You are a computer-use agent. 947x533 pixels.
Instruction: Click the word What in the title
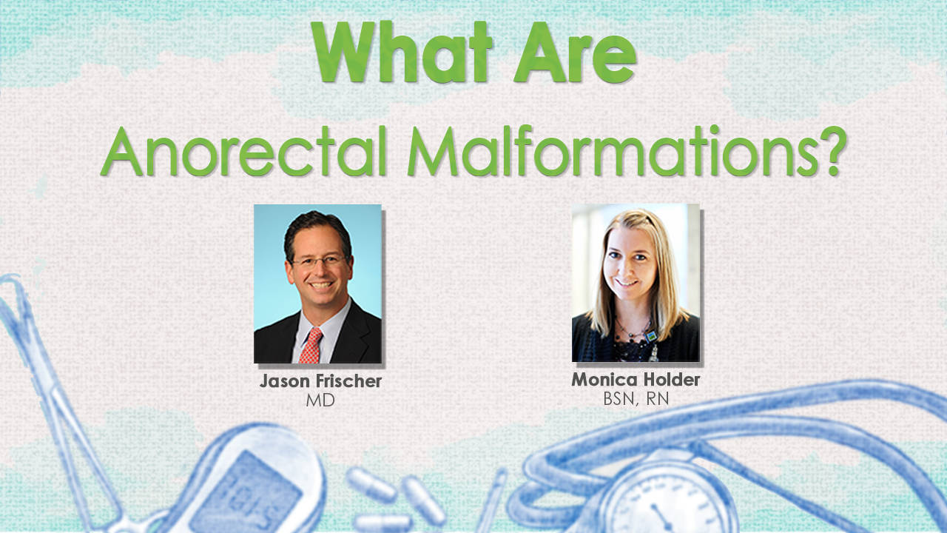tap(402, 53)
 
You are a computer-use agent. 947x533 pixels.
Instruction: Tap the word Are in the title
tap(576, 53)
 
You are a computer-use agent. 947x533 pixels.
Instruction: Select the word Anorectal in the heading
tap(244, 151)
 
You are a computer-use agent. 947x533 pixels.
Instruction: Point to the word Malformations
tap(599, 151)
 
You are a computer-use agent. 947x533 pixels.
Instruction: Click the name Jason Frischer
tap(320, 381)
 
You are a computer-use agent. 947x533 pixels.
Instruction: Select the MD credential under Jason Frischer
tap(320, 400)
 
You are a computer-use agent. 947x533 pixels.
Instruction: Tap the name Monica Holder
tap(636, 380)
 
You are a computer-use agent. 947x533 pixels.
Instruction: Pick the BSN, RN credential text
tap(636, 399)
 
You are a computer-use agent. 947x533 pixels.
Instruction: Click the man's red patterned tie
tap(311, 345)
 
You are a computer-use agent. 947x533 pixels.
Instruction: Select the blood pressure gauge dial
tap(667, 499)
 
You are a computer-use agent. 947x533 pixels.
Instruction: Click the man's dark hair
tap(317, 230)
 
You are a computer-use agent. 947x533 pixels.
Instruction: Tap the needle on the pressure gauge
tap(661, 517)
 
